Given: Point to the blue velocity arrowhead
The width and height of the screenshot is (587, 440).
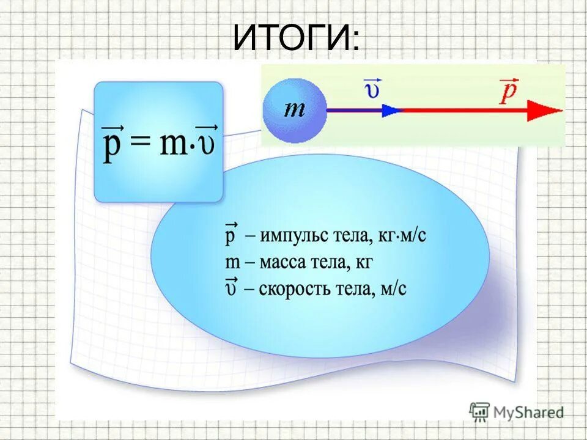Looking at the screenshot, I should (391, 111).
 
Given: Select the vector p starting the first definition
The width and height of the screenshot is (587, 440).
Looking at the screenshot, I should (231, 236).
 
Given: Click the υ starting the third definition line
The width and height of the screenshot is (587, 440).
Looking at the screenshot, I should (231, 288).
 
